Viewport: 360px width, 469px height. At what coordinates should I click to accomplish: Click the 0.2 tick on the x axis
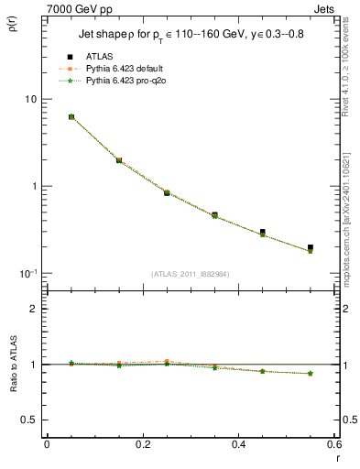pyautogui.click(x=143, y=444)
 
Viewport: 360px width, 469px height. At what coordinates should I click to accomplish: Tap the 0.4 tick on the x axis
pyautogui.click(x=238, y=444)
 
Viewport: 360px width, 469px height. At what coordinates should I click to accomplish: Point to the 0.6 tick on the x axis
pyautogui.click(x=334, y=444)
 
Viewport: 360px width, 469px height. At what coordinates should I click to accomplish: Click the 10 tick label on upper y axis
pyautogui.click(x=30, y=99)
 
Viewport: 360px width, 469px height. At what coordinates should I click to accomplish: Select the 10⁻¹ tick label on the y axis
pyautogui.click(x=28, y=273)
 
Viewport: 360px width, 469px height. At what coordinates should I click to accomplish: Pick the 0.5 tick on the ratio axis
pyautogui.click(x=27, y=420)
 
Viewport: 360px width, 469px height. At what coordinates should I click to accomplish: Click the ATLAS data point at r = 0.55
pyautogui.click(x=311, y=247)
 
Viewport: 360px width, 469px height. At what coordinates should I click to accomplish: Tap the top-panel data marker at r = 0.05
pyautogui.click(x=71, y=117)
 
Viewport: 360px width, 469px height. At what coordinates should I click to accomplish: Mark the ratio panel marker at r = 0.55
pyautogui.click(x=311, y=373)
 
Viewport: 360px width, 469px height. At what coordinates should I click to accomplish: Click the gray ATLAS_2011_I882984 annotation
pyautogui.click(x=191, y=274)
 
